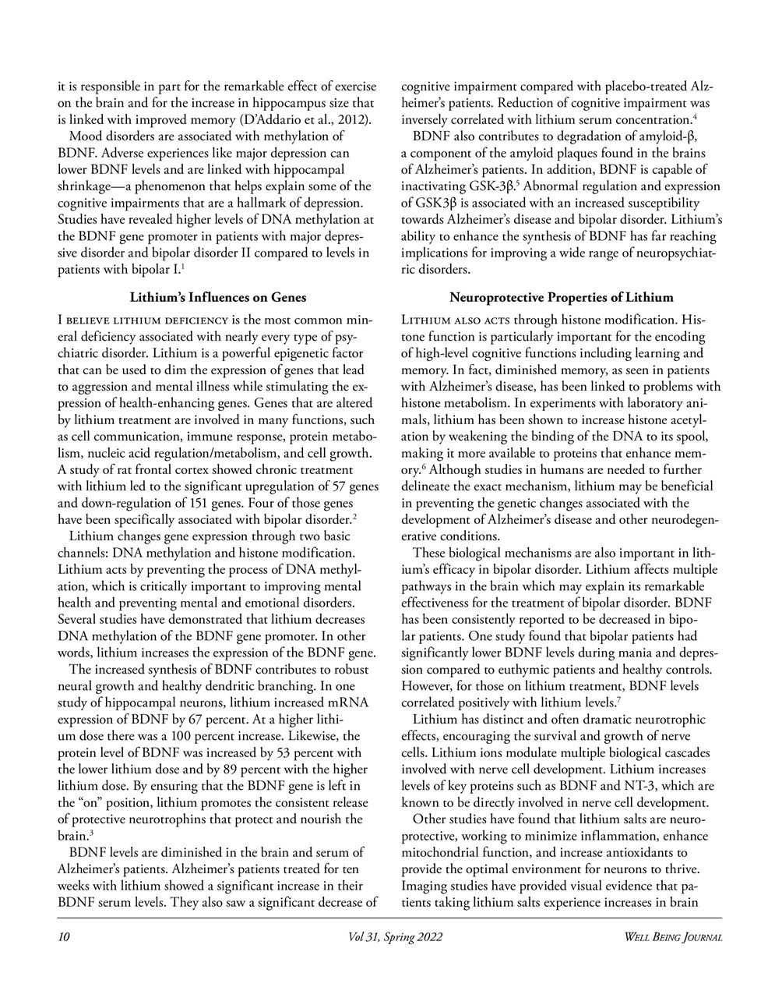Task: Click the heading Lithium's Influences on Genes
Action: click(217, 297)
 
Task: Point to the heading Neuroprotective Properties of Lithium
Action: click(561, 297)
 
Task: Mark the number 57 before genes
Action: click(340, 487)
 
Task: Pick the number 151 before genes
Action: click(205, 503)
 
